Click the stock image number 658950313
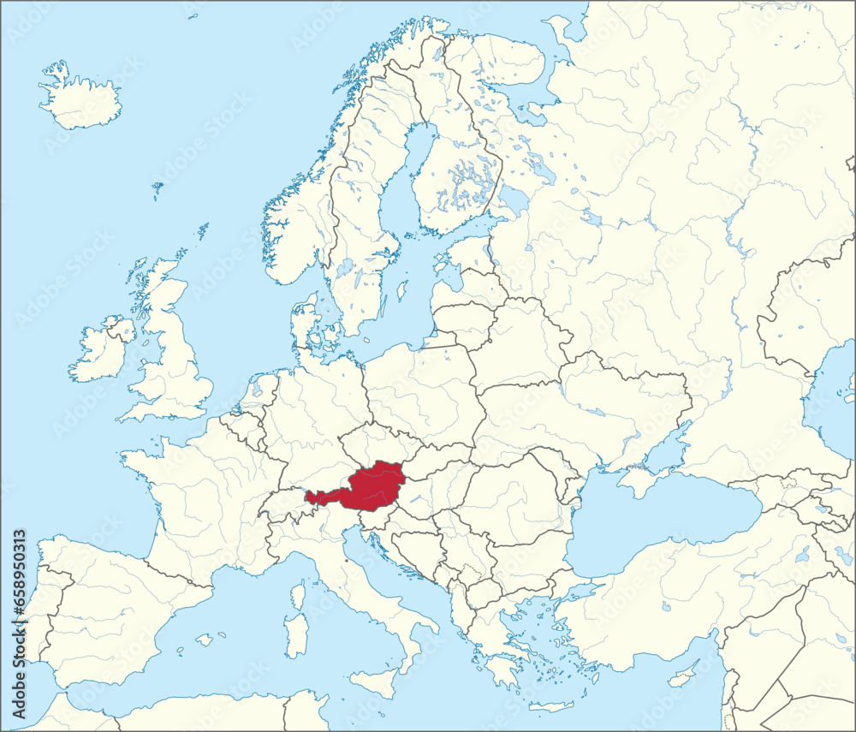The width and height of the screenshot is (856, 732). pyautogui.click(x=19, y=591)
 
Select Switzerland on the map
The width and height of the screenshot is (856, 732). pyautogui.click(x=282, y=505)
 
